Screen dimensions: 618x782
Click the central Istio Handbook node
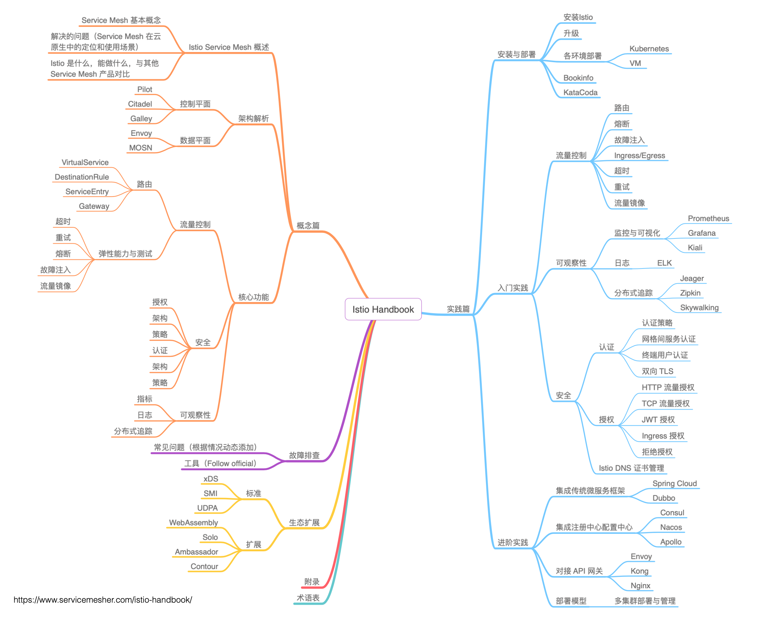point(383,309)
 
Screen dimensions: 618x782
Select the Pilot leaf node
point(144,89)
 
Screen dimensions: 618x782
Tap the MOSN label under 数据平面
point(140,148)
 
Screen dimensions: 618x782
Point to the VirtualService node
point(85,162)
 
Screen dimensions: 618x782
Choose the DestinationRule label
point(82,177)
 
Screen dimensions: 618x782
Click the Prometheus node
point(708,219)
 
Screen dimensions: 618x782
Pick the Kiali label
point(694,248)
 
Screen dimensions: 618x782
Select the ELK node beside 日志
point(664,263)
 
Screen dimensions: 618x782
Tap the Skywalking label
point(699,308)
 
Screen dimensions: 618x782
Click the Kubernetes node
point(649,49)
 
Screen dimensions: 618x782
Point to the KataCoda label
point(580,93)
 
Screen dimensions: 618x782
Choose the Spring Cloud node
point(674,483)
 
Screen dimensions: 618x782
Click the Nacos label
point(671,527)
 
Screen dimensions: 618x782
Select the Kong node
point(639,571)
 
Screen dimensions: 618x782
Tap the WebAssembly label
point(193,522)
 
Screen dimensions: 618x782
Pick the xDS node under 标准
point(211,479)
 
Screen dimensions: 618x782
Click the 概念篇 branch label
point(308,226)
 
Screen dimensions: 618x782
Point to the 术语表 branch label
point(308,598)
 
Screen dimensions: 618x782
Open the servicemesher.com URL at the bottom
point(103,600)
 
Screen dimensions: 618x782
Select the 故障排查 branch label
point(304,455)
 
